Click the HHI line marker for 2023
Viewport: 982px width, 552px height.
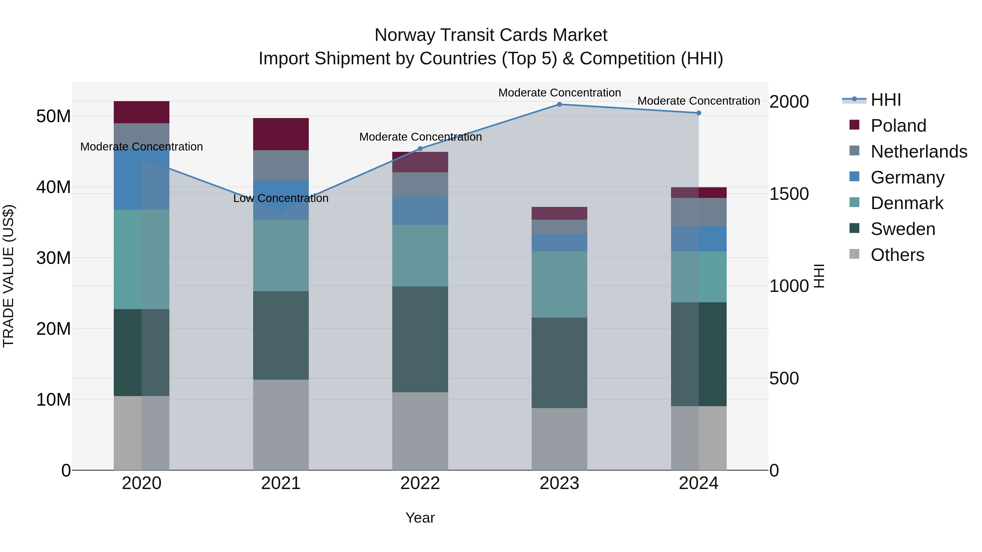pos(559,104)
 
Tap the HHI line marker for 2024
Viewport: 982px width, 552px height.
pos(698,113)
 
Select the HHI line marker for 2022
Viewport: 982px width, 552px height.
pos(420,149)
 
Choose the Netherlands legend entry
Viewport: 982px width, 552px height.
pos(918,152)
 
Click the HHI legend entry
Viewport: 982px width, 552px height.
pos(885,100)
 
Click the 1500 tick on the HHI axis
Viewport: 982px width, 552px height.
pos(788,194)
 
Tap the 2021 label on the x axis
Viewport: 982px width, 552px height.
pos(281,483)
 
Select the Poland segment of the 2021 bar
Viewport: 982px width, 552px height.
pos(281,134)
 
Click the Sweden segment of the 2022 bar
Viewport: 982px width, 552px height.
pos(420,339)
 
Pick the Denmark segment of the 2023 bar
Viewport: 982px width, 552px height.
pos(559,284)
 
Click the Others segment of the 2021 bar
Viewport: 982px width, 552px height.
pos(281,425)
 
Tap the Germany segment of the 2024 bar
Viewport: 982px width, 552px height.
pos(698,239)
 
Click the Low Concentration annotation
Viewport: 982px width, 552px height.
pos(281,198)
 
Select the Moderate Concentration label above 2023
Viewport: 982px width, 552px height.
pos(559,93)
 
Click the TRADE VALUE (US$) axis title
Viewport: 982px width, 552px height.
pos(8,276)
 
